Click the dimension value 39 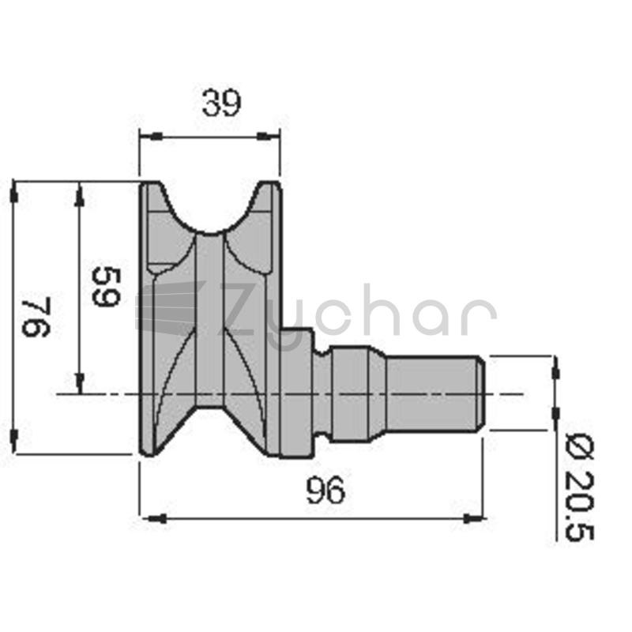click(221, 103)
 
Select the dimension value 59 click(106, 287)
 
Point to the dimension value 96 click(325, 490)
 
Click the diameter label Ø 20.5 click(580, 487)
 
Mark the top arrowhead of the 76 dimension click(14, 193)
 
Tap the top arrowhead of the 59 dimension click(80, 194)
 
